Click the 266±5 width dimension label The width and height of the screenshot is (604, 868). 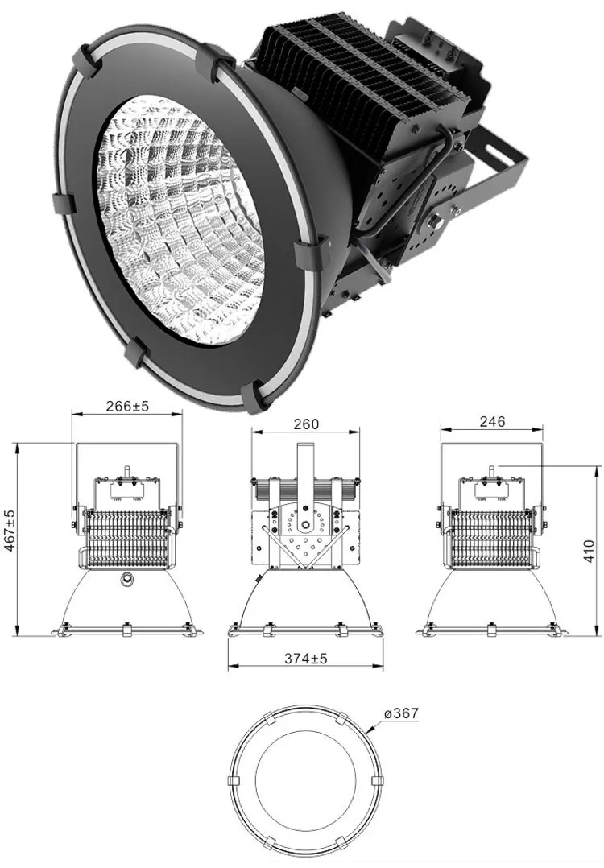point(127,407)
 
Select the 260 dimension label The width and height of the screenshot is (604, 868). point(307,424)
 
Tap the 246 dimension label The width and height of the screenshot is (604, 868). point(491,421)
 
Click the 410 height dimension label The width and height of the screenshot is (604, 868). point(590,551)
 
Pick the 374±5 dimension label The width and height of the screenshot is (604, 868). point(306,658)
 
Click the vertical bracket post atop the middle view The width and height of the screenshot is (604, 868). point(306,467)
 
